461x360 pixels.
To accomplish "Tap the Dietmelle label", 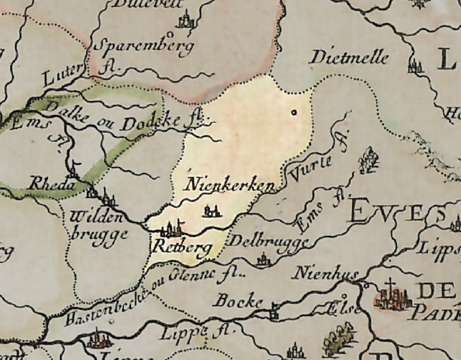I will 349,58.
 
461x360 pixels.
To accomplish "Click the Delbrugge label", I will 269,242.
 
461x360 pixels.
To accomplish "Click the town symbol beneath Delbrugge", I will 263,260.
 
